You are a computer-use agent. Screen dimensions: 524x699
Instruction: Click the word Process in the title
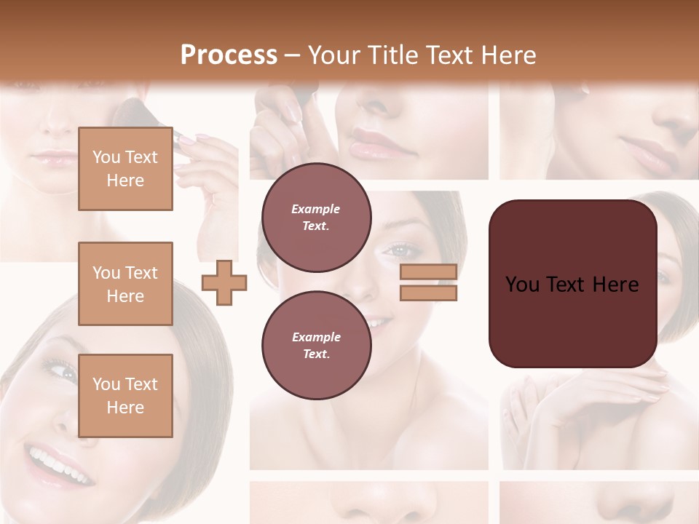click(229, 55)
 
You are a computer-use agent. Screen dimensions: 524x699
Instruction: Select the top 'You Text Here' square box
click(125, 169)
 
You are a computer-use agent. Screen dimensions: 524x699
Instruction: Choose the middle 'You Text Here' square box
click(125, 284)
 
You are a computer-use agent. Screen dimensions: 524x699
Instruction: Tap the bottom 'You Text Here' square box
click(125, 395)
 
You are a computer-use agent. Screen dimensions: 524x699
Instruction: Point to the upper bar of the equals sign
click(428, 271)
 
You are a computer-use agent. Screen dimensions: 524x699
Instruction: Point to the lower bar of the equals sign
click(428, 293)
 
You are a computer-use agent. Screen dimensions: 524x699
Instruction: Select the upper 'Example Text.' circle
click(316, 218)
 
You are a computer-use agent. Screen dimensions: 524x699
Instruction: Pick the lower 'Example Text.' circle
click(316, 345)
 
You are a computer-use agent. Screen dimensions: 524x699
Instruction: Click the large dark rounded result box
click(572, 284)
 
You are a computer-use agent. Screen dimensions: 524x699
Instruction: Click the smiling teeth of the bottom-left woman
click(54, 461)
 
